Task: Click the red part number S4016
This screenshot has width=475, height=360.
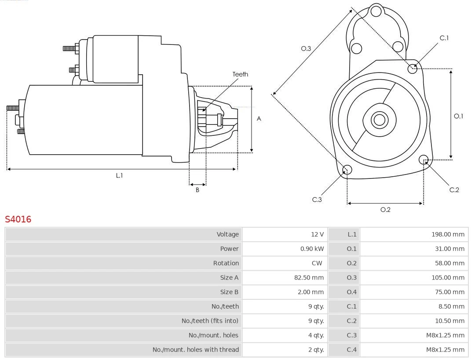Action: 18,219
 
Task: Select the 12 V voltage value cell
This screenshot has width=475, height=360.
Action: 316,234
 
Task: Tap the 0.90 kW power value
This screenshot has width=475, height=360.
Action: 312,249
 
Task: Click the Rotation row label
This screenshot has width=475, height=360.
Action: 226,263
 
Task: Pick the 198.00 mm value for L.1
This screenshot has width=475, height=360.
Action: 447,234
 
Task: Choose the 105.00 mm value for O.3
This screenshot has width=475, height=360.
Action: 447,278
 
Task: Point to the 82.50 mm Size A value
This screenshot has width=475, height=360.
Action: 309,278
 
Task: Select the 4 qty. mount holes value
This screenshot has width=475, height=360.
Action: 316,335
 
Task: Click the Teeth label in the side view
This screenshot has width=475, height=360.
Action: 240,74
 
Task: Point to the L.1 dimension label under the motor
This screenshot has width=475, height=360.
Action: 119,175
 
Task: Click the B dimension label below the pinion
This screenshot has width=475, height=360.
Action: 197,190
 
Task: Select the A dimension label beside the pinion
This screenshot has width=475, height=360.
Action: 259,119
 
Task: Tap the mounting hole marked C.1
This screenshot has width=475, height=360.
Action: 413,68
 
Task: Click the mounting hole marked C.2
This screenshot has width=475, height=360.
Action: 424,159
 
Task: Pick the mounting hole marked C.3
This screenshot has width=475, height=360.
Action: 347,170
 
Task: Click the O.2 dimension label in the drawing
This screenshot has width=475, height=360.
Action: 385,210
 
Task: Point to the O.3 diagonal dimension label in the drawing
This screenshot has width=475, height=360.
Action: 306,48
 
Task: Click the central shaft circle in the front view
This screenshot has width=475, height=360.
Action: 379,120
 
